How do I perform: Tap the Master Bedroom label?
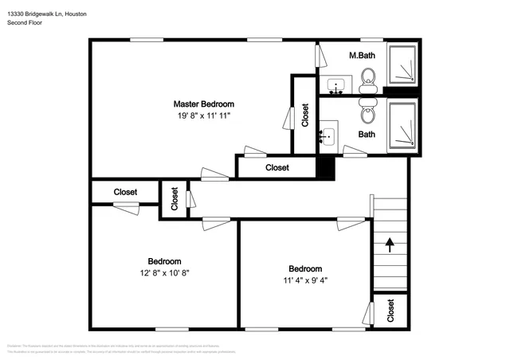[x=204, y=104]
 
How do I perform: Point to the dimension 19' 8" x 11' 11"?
[x=204, y=116]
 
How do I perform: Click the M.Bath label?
[x=363, y=56]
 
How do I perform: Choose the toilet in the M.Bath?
[x=369, y=77]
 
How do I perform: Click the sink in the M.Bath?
[x=335, y=84]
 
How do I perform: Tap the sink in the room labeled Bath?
[x=328, y=136]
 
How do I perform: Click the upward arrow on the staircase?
[x=390, y=244]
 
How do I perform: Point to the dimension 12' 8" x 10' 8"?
[x=164, y=272]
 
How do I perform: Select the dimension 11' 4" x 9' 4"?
[x=305, y=280]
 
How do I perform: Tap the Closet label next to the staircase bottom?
[x=390, y=311]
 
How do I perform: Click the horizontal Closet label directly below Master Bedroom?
[x=277, y=168]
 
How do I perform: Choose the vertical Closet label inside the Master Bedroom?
[x=305, y=115]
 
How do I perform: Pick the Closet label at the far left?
[x=125, y=192]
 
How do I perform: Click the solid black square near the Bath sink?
[x=325, y=168]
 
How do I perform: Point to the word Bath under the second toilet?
[x=367, y=135]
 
